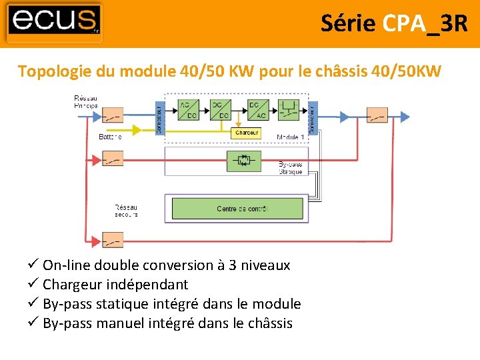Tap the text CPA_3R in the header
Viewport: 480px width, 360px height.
click(425, 23)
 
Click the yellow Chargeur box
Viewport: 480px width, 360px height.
click(247, 133)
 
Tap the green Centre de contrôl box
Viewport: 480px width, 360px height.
click(237, 209)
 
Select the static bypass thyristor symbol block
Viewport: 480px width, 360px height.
click(242, 160)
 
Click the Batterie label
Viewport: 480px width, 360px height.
click(110, 137)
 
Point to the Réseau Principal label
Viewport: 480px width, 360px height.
click(85, 102)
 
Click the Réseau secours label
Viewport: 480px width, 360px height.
click(126, 211)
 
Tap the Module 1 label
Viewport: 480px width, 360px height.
click(290, 137)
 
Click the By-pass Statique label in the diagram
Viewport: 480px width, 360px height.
click(291, 168)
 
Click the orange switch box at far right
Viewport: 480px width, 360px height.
click(377, 116)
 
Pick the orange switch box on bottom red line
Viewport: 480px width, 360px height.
click(111, 239)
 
